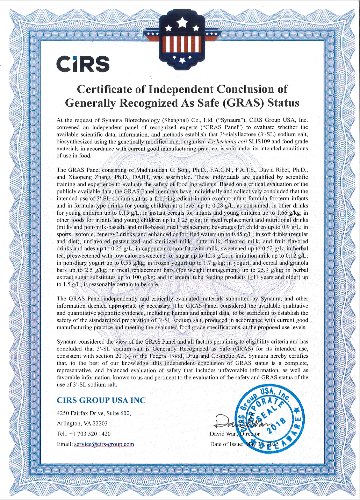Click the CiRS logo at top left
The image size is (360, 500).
tap(83, 64)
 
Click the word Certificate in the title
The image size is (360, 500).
tap(105, 89)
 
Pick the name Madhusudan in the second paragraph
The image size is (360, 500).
tap(150, 170)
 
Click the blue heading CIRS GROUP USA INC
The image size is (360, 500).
tap(101, 400)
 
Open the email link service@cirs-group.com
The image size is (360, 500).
tap(104, 444)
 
